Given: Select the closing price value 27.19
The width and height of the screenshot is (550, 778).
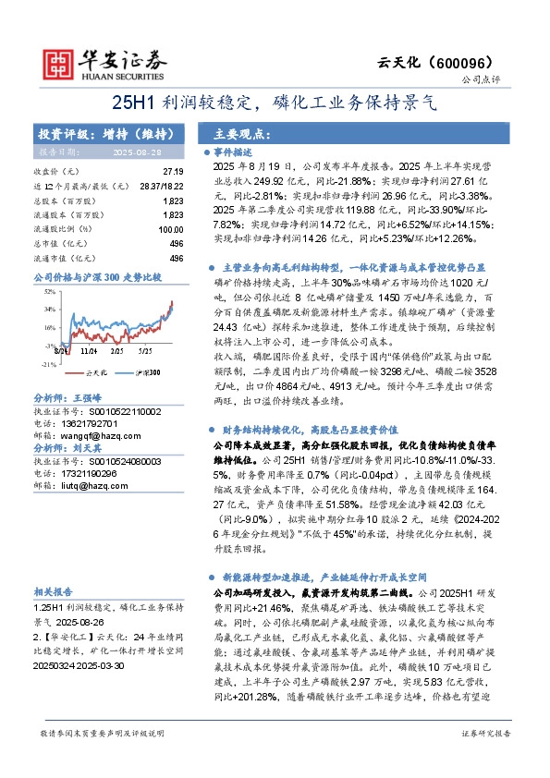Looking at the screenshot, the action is tap(172, 172).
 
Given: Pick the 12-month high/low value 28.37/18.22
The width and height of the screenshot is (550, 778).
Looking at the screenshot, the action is tap(159, 186).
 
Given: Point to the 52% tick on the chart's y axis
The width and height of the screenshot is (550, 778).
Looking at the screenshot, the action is tap(46, 291).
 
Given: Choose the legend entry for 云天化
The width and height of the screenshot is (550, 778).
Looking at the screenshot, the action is tap(92, 371).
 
